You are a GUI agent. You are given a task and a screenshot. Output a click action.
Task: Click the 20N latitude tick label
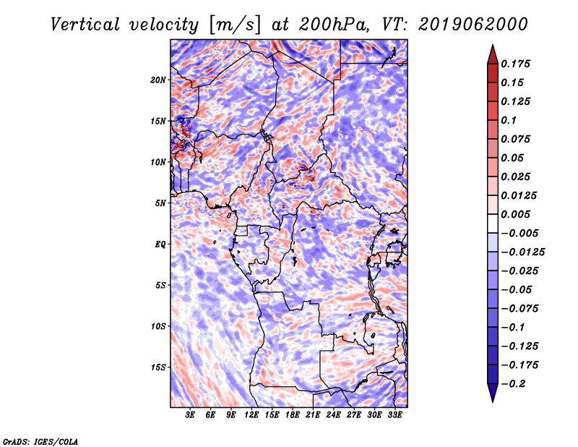coord(158,80)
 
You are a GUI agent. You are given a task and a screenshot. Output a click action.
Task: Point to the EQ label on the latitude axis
coord(160,244)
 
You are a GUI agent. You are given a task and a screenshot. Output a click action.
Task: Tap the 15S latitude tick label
coord(158,367)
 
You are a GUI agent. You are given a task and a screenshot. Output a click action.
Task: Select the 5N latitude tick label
coord(160,203)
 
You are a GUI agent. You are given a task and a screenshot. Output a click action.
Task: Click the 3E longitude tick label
coord(190,415)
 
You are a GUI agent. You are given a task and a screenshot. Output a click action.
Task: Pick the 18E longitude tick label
coord(293,415)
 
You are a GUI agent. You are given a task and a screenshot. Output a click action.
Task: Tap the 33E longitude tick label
coord(394,415)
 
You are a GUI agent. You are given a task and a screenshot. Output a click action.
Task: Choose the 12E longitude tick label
coord(251,415)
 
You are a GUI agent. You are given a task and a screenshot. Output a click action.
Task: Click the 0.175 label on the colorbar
coord(515,64)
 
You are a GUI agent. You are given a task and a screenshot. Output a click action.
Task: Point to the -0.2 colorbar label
coord(514,384)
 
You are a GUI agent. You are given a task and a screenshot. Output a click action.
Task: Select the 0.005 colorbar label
coord(515,214)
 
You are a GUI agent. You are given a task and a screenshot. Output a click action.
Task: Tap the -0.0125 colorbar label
coord(522,252)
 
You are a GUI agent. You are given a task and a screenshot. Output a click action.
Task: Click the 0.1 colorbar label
coord(509,120)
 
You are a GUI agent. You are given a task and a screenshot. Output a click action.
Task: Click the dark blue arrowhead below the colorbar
coord(493,393)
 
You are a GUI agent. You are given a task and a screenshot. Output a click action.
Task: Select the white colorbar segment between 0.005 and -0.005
coord(493,223)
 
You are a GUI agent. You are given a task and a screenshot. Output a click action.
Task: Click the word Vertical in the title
coord(85,25)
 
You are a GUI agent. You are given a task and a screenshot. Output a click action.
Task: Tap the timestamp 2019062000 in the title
coord(473,25)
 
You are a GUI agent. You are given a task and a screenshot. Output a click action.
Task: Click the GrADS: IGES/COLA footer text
coord(40,442)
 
